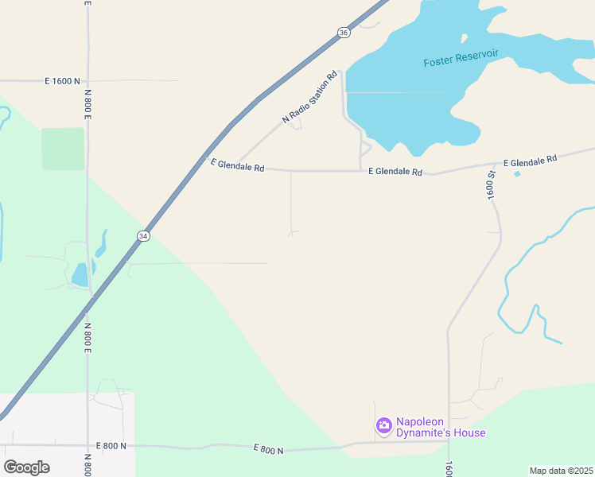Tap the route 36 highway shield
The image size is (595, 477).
[343, 33]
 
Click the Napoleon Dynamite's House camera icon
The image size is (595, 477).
[383, 426]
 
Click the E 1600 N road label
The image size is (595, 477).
[63, 81]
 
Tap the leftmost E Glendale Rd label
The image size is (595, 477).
[236, 165]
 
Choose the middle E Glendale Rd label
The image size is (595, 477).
[395, 171]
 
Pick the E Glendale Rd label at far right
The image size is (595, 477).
[530, 160]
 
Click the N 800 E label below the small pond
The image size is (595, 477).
[87, 338]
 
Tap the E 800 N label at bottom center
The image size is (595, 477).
[268, 450]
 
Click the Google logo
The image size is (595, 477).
[26, 467]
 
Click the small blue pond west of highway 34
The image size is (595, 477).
[80, 275]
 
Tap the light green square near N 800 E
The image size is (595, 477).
[63, 149]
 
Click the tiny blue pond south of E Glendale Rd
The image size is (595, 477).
[518, 173]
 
